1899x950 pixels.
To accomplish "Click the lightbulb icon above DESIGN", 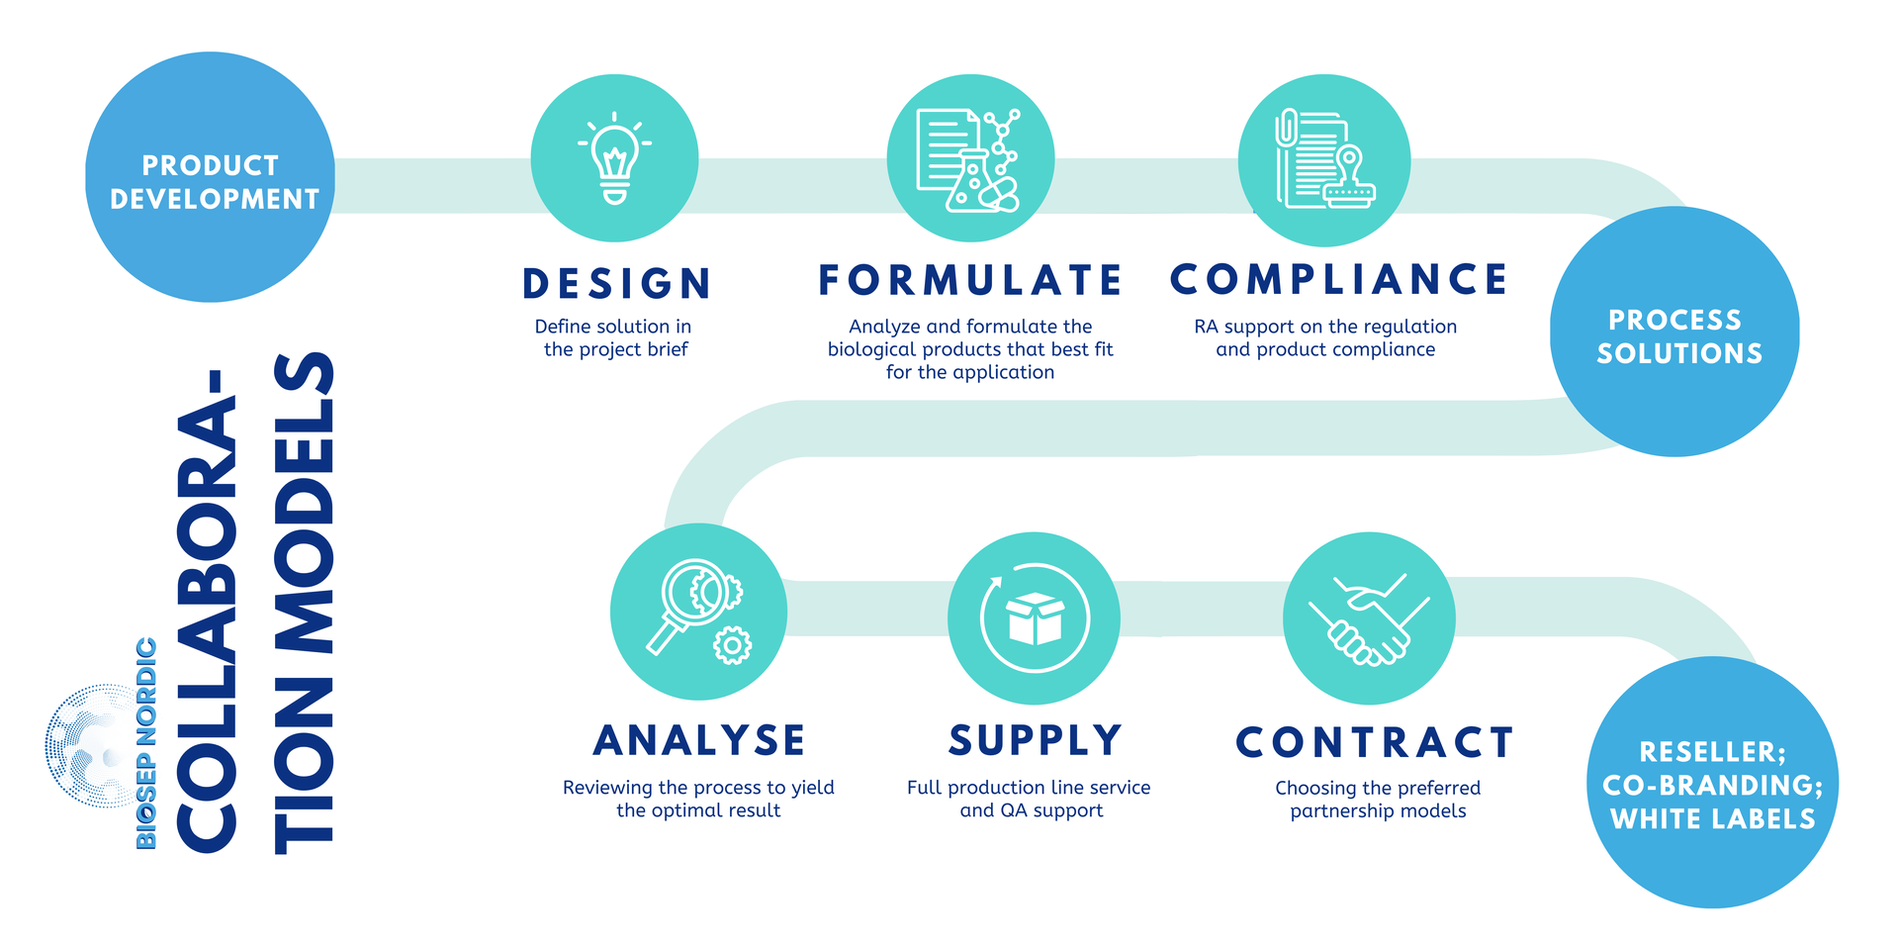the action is [x=614, y=158].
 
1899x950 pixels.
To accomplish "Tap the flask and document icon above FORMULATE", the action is [x=969, y=159].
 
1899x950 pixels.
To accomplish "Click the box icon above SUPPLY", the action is [x=1034, y=617].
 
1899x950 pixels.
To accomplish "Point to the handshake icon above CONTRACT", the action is [x=1369, y=618].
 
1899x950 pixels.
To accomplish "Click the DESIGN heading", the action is [x=617, y=284].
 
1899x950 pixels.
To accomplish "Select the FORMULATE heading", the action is [x=969, y=280].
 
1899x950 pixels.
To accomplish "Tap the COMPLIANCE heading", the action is [x=1338, y=279].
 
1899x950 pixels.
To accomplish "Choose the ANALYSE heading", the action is [x=699, y=740].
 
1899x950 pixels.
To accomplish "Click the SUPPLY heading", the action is [x=1035, y=740].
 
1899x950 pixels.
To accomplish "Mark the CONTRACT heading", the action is [x=1375, y=742].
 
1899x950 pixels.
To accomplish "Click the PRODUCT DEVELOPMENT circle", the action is [x=210, y=177].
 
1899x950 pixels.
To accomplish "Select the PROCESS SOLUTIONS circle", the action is [x=1674, y=332].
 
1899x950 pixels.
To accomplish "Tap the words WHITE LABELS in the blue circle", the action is [x=1713, y=819].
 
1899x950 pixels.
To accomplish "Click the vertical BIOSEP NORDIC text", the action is [x=146, y=743].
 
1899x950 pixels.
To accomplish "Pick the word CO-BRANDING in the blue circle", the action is [x=1713, y=786].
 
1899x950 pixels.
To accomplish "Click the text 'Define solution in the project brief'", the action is [x=614, y=337].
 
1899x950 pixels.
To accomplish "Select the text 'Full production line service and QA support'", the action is [x=1030, y=799].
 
